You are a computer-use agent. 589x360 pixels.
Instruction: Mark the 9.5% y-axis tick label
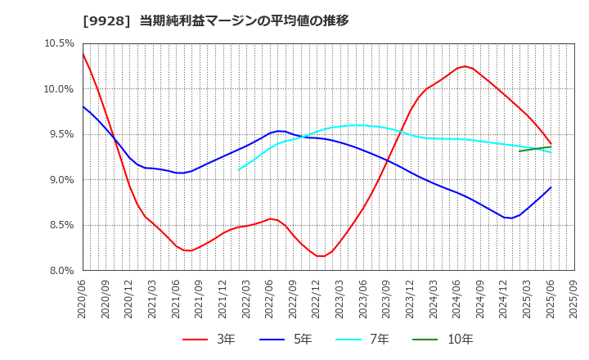tap(60, 134)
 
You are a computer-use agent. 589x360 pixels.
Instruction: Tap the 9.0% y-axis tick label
tap(60, 179)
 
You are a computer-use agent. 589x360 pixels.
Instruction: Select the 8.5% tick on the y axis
tap(60, 225)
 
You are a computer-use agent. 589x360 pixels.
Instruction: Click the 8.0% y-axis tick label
tap(60, 270)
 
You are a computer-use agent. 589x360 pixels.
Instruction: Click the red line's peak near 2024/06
tap(465, 66)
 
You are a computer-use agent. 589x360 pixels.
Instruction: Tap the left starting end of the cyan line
tap(239, 169)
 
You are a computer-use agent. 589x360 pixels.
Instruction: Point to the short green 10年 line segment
tap(535, 149)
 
